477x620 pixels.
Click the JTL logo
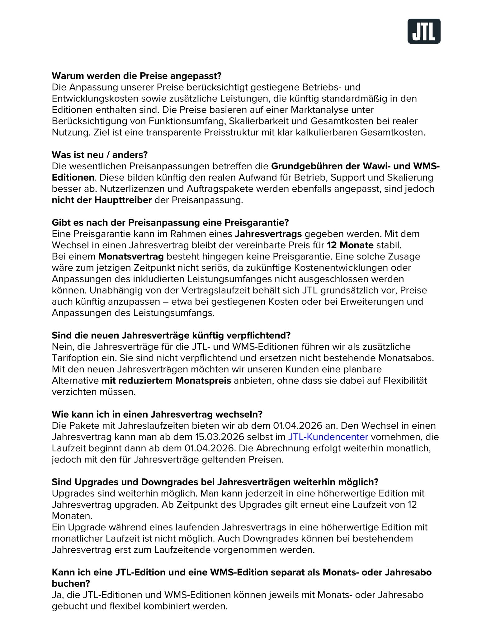pyautogui.click(x=424, y=31)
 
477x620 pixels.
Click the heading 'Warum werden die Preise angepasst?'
pyautogui.click(x=136, y=76)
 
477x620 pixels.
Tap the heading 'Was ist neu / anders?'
pyautogui.click(x=100, y=155)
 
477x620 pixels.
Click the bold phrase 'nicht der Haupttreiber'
pyautogui.click(x=102, y=200)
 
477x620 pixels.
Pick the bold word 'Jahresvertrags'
pyautogui.click(x=268, y=234)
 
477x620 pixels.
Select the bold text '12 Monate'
pyautogui.click(x=350, y=245)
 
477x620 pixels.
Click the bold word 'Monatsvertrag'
pyautogui.click(x=131, y=256)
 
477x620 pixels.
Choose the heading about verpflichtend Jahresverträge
pyautogui.click(x=171, y=335)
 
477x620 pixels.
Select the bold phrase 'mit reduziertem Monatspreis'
pyautogui.click(x=166, y=380)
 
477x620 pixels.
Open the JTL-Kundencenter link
pyautogui.click(x=328, y=437)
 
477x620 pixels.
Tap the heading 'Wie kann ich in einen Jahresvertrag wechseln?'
pyautogui.click(x=157, y=414)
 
